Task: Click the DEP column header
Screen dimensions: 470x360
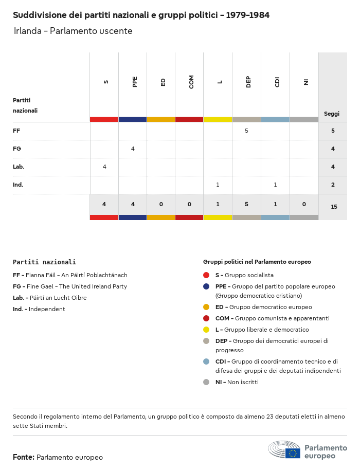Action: pos(248,82)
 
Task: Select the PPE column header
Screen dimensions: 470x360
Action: pos(135,82)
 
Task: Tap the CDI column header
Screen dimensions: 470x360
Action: pos(277,82)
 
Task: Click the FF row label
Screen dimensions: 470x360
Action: pos(16,131)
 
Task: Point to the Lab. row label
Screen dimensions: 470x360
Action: pos(19,167)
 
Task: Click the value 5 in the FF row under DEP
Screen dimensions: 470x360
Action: pos(246,131)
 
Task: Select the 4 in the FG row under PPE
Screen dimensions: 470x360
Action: pos(133,149)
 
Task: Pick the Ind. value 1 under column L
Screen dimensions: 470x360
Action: pos(218,185)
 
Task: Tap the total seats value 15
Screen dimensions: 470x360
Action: pos(334,207)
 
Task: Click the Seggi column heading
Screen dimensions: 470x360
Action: pos(332,114)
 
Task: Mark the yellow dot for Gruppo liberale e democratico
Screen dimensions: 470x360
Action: pos(206,330)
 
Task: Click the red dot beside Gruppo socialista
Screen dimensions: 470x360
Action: pos(206,275)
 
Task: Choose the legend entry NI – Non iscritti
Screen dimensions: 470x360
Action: pos(237,382)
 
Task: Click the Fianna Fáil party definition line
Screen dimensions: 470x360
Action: pos(70,275)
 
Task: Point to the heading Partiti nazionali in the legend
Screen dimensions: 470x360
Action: pos(44,262)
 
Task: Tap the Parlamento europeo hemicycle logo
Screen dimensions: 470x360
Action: pos(284,450)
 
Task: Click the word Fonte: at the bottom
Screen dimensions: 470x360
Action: pos(24,457)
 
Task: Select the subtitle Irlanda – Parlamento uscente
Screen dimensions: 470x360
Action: pos(73,31)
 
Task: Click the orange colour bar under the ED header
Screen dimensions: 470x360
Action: pos(160,119)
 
